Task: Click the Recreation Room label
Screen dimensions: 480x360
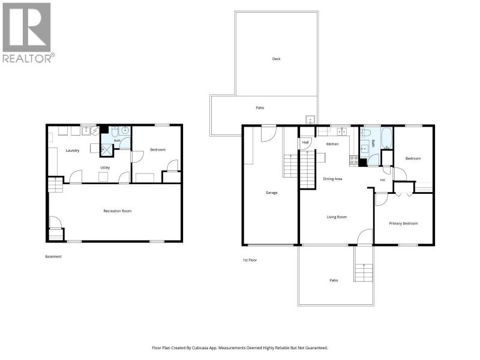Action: pos(117,211)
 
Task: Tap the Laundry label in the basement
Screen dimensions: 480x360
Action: pos(73,151)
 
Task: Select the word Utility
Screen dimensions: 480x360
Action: pos(105,168)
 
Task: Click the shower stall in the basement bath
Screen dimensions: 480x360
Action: pos(107,151)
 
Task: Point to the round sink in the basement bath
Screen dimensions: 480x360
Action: pos(125,131)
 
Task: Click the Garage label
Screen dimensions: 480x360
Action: pos(272,193)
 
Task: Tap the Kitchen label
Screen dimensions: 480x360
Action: pos(332,144)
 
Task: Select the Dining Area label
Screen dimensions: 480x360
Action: pos(332,179)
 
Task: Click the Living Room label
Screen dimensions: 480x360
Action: pos(337,217)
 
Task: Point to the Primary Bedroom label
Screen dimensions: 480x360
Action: pos(403,223)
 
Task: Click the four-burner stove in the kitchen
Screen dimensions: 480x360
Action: pos(354,160)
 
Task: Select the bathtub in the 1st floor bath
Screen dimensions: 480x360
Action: pos(386,138)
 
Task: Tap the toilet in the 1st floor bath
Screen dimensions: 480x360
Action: pos(365,132)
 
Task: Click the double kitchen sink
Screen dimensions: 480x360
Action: pos(341,131)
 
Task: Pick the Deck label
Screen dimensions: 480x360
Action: pos(276,59)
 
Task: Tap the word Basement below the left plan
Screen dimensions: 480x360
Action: pos(53,257)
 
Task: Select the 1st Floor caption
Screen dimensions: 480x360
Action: pos(250,260)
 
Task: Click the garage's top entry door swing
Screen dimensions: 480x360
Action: pos(269,134)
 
